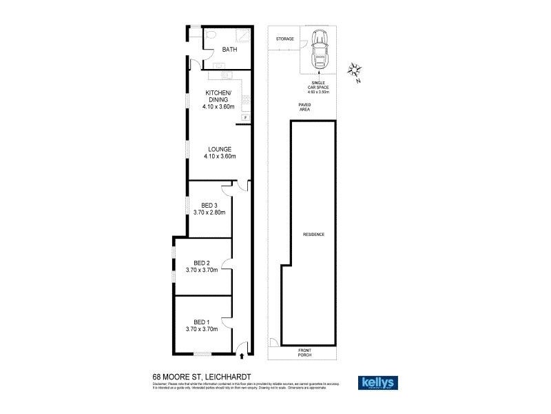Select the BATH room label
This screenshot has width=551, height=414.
pos(229,50)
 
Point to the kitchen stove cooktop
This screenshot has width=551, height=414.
pos(245,100)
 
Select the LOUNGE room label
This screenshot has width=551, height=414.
pos(220,149)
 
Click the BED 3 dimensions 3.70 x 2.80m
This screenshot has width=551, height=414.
pos(209,213)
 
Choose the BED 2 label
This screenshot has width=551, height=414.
pos(202,262)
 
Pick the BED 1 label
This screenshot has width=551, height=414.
pos(202,322)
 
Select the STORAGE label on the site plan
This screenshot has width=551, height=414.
pos(284,39)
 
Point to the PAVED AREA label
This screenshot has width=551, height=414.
pos(304,106)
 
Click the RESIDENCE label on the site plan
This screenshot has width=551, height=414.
pos(313,235)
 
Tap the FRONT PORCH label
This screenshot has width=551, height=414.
pos(304,353)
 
